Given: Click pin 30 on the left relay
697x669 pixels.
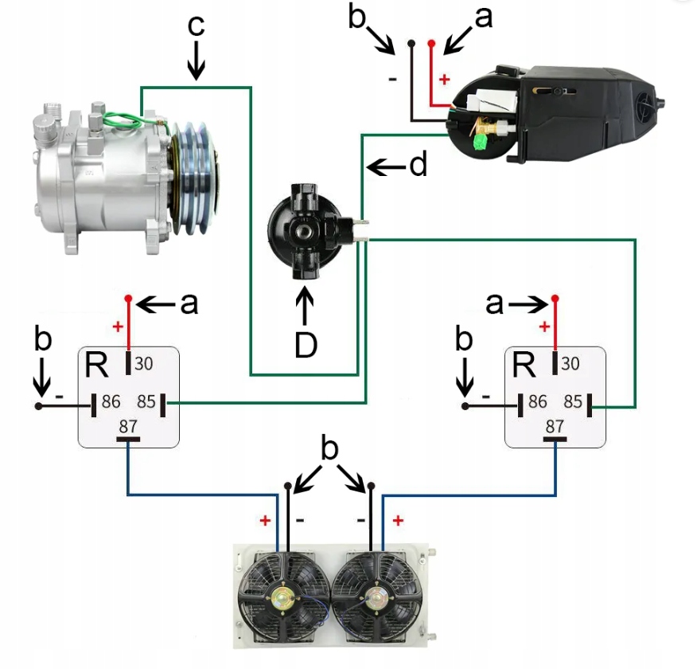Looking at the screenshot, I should click(129, 362).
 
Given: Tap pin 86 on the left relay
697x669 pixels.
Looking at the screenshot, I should click(95, 405).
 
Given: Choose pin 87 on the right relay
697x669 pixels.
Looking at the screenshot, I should click(555, 438).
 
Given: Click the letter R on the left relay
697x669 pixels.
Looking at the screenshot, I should click(97, 366).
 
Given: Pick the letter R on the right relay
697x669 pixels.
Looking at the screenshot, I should click(524, 366).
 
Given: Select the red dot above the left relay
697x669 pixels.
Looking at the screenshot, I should click(128, 298).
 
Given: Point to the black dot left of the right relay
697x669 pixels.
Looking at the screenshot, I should click(465, 406).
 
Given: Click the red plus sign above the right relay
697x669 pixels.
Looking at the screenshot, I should click(545, 327).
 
